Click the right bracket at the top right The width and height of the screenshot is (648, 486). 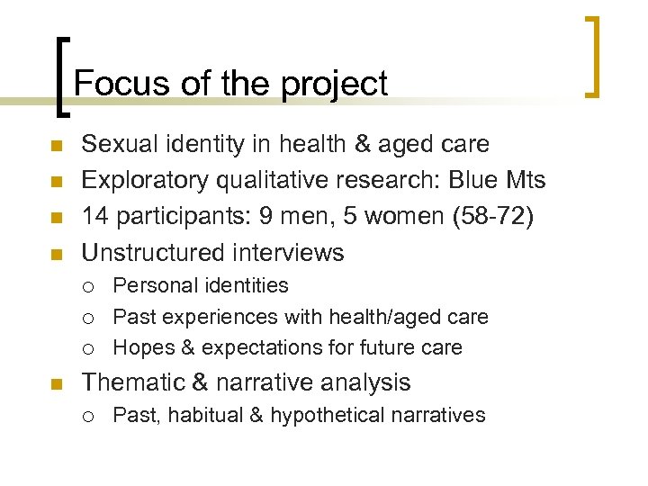(592, 56)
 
